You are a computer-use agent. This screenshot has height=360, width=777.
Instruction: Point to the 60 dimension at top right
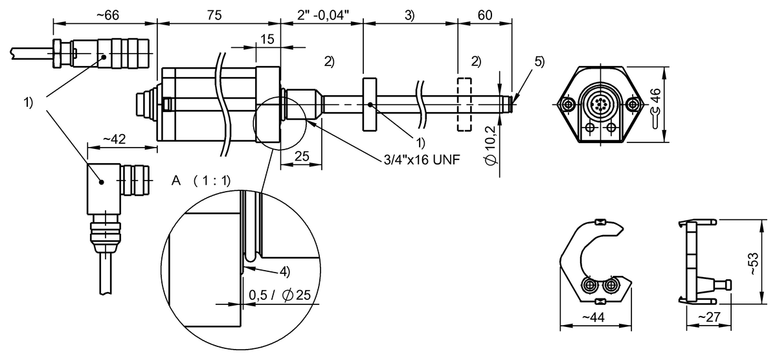[484, 15]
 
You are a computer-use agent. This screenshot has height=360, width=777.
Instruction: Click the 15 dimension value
[267, 39]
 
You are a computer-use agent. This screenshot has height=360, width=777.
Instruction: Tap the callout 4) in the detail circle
[284, 269]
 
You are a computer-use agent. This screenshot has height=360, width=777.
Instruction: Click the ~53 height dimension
[752, 262]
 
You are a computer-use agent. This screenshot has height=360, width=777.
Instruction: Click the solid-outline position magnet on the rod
[369, 105]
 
